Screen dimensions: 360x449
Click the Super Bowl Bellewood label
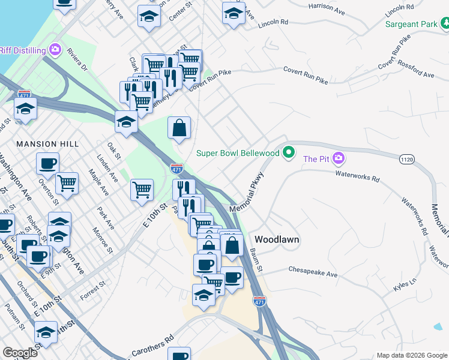coord(238,153)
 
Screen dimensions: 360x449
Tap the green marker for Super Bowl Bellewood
coord(289,152)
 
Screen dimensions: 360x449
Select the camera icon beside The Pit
coord(339,158)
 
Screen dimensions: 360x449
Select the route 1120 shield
coord(407,158)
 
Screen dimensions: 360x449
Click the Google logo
coord(20,353)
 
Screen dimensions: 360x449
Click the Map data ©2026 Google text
coord(411,355)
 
